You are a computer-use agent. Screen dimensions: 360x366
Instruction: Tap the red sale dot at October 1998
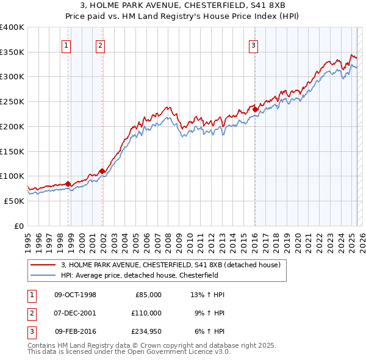[68, 184]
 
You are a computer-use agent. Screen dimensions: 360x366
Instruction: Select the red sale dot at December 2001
[102, 171]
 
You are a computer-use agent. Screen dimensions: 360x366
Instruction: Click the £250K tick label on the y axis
[12, 102]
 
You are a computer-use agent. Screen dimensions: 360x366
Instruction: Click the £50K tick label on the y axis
[15, 201]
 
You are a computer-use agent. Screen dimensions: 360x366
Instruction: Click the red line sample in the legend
[43, 265]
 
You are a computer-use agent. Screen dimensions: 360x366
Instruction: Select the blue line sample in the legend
[43, 275]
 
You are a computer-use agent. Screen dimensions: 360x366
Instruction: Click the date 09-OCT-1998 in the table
[75, 295]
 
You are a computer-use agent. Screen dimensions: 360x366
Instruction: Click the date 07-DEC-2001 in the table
[75, 313]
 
